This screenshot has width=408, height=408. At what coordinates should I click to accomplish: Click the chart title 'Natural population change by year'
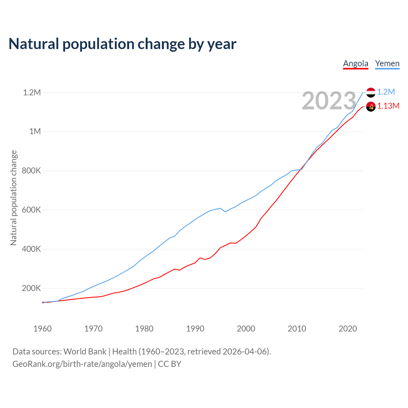point(122,44)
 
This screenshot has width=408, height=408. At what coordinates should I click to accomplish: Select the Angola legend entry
point(355,63)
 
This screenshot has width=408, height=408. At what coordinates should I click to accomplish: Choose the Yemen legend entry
point(387,63)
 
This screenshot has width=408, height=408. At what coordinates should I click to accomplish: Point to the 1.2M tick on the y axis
point(32,92)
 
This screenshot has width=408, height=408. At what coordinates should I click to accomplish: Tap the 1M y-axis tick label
point(35,131)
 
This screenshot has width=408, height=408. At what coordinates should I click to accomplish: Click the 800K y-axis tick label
point(31,171)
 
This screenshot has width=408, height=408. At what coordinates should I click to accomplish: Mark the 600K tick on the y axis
point(31,210)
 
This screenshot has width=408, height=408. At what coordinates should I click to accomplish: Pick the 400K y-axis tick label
point(31,249)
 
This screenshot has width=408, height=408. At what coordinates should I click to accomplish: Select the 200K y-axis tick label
point(31,288)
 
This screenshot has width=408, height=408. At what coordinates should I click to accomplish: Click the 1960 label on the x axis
point(42,329)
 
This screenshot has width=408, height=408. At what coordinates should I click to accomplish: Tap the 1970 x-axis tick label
point(93,329)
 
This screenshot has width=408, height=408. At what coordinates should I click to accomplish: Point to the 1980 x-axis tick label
point(144,329)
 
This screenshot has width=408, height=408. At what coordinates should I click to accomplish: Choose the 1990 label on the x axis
point(195,329)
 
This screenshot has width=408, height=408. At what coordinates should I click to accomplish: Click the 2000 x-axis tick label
point(246,329)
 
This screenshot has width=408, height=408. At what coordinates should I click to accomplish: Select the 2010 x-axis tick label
point(297,329)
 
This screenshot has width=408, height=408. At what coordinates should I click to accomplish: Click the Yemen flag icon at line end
point(371,92)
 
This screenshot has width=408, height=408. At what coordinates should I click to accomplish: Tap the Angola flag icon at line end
point(371,106)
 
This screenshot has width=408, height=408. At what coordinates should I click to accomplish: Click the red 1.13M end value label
point(388,106)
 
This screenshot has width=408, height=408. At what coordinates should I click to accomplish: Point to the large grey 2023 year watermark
point(329,101)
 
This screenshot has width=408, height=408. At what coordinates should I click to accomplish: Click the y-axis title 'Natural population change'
point(14,198)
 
